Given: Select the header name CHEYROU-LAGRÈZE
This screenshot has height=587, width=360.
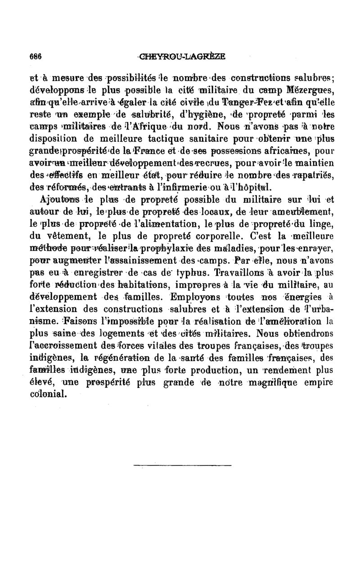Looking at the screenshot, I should (183, 57).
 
